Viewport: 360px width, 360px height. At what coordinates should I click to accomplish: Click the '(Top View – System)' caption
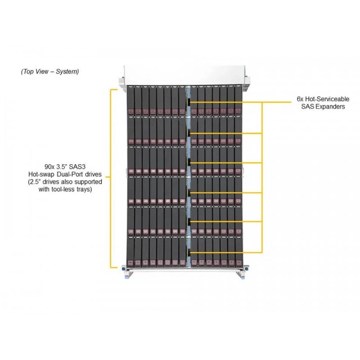coord(50,72)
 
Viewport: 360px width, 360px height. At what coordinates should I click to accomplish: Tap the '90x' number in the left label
coord(49,166)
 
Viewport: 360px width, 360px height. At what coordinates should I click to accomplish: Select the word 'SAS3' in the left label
coord(77,166)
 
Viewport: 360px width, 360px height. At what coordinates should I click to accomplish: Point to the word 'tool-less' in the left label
coord(59,189)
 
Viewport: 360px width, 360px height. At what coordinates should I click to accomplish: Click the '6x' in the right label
coord(300,99)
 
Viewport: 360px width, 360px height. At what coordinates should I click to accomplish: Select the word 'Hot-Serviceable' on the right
coord(327,99)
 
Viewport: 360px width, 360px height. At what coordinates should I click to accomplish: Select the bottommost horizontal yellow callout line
coord(226,252)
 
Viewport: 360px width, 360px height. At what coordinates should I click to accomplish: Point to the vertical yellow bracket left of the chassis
coord(111,178)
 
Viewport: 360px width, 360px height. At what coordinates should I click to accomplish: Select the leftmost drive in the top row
coord(130,100)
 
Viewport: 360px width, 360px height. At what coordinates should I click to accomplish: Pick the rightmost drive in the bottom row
coord(239,252)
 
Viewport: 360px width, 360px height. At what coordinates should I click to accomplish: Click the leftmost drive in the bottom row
coord(130,252)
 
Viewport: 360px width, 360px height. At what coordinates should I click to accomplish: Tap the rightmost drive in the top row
coord(239,100)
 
